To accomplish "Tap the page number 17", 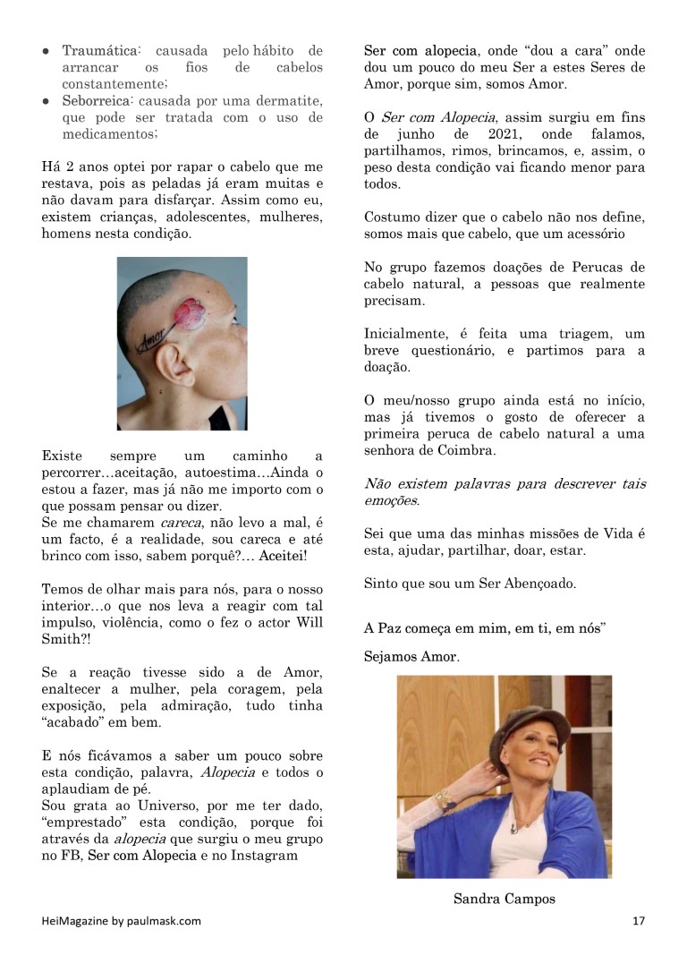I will tap(638, 921).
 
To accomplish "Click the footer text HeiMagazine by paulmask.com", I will tap(122, 921).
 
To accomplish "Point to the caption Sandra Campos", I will tap(504, 899).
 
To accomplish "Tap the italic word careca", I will tap(182, 522).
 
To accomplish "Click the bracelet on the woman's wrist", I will tap(443, 797).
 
